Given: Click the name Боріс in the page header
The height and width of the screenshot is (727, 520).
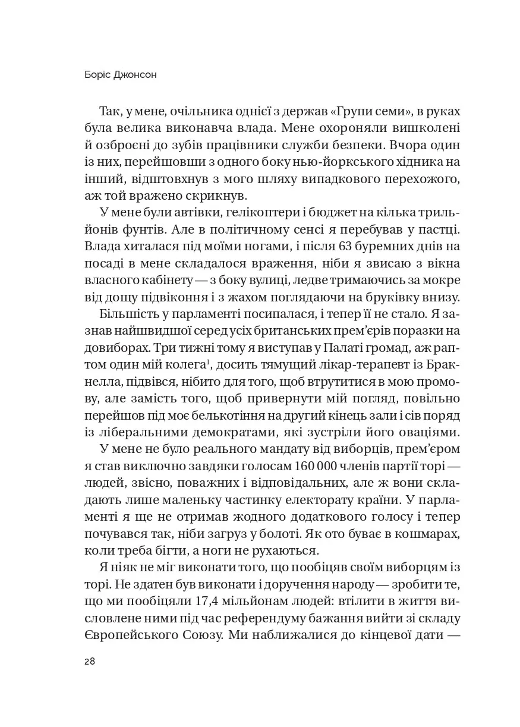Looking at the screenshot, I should (98, 77).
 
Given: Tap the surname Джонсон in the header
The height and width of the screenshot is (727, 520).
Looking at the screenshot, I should (139, 77).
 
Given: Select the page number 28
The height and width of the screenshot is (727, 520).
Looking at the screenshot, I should (90, 662).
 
